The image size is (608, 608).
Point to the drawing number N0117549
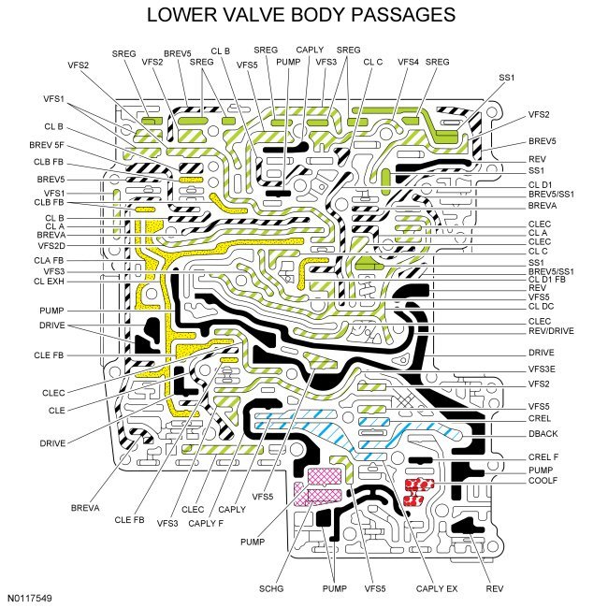pos(31,596)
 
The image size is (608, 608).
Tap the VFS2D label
pos(48,245)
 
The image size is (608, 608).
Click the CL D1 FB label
pos(549,280)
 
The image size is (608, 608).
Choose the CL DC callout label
pos(542,306)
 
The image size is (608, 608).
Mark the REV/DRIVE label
pos(551,330)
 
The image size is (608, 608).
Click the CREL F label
pos(543,456)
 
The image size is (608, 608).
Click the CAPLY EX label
pos(438,588)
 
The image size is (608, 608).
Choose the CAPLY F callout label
pos(205,522)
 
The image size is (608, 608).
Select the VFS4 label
pos(408,62)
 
